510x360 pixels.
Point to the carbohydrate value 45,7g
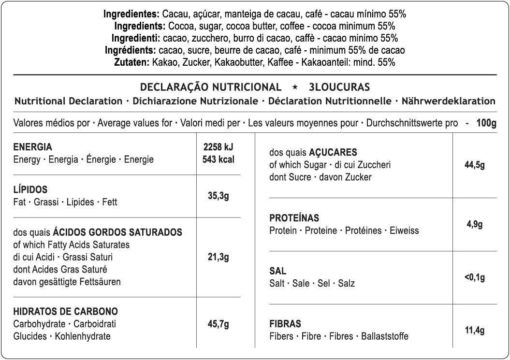tap(218, 324)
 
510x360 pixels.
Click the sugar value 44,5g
tap(474, 165)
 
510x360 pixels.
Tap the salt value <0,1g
tap(474, 277)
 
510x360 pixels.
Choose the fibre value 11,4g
tap(474, 331)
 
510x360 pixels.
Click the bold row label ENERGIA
tap(32, 147)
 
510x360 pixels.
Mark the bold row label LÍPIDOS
tap(30, 189)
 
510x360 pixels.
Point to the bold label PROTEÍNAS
tap(294, 218)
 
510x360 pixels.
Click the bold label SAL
tap(277, 272)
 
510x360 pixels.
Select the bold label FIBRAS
tap(285, 324)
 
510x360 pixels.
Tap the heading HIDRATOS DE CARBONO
tap(66, 312)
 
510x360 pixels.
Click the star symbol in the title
tap(295, 87)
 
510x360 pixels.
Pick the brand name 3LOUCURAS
tap(339, 87)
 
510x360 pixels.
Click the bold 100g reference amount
tap(486, 123)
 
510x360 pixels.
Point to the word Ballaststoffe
tap(385, 336)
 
